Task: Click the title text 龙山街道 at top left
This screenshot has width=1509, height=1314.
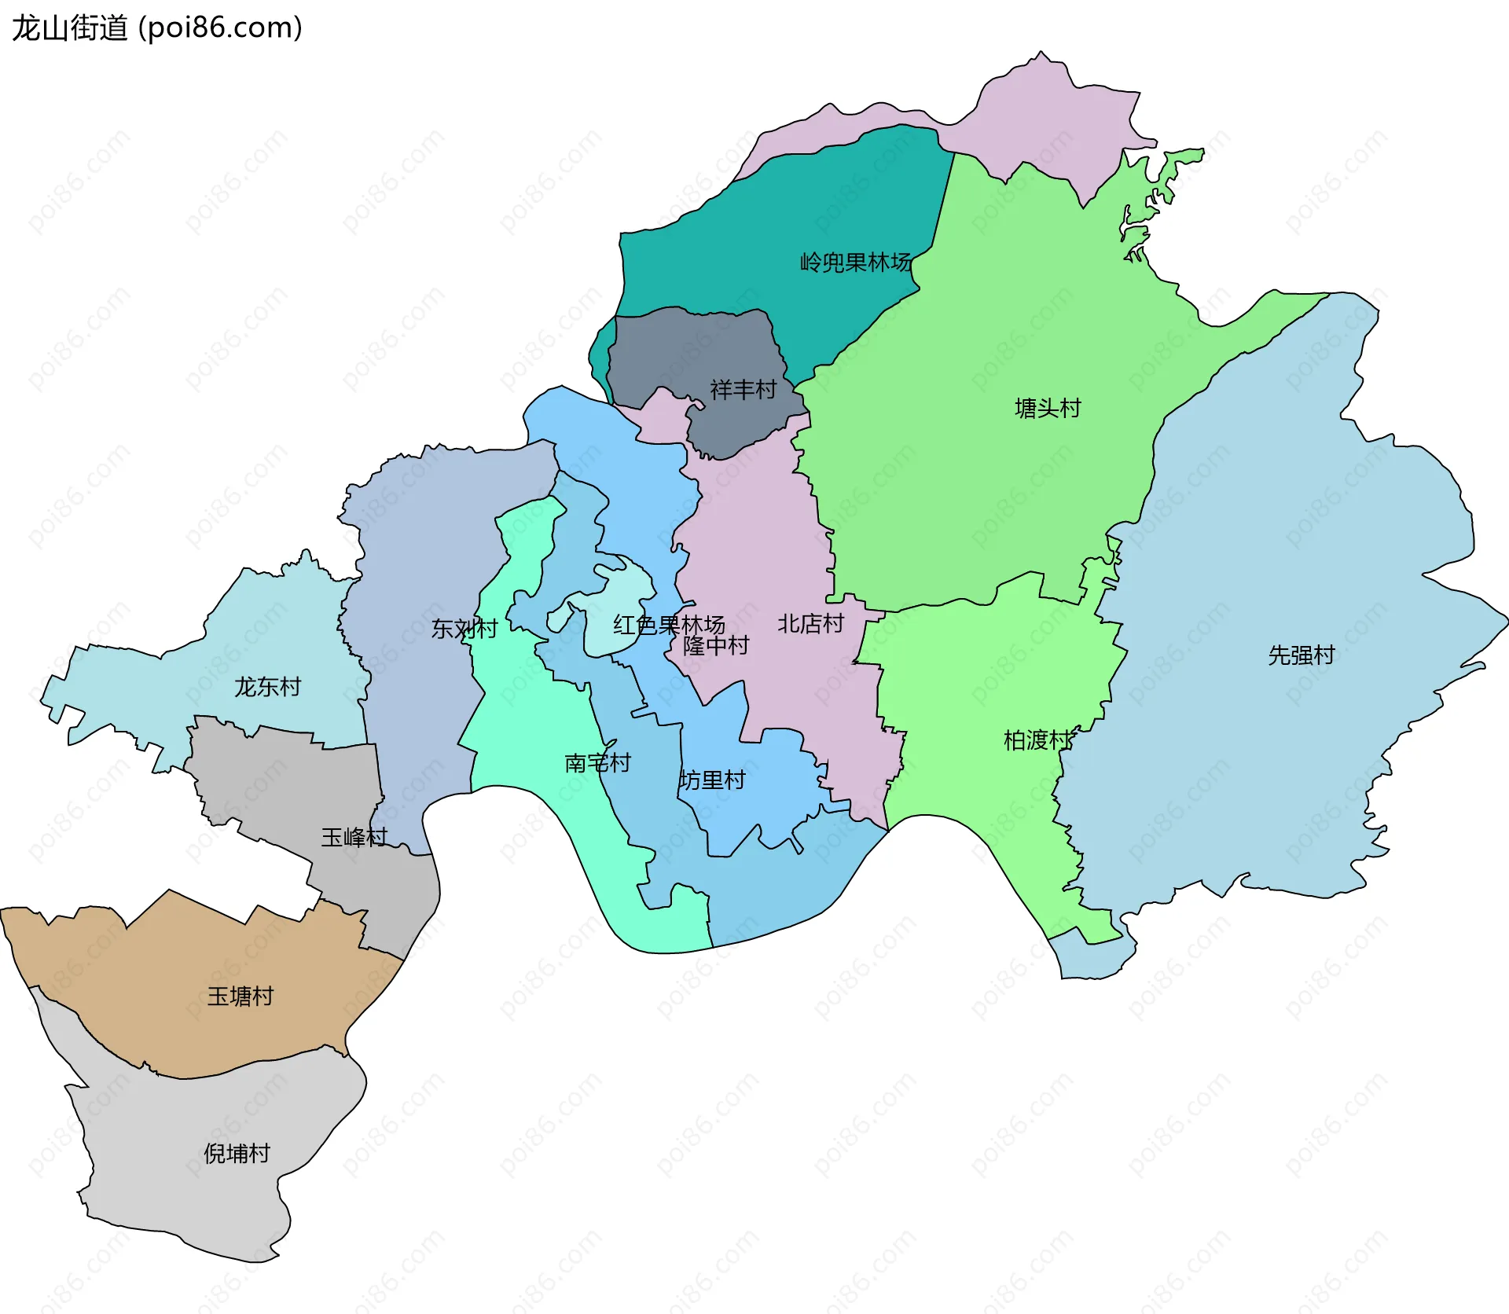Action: click(69, 28)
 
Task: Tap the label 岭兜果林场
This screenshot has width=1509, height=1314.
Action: click(855, 262)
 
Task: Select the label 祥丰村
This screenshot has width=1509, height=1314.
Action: click(743, 389)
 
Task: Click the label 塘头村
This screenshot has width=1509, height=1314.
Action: click(1048, 408)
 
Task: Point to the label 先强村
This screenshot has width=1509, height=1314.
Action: click(1301, 655)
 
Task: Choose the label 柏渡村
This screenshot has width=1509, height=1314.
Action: click(1037, 740)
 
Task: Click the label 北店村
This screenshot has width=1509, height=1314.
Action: click(810, 623)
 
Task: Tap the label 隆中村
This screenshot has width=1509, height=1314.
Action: click(715, 645)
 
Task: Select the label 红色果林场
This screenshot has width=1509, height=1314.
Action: click(668, 625)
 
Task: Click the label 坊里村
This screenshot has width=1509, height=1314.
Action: click(712, 780)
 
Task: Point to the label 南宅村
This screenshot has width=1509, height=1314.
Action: click(597, 762)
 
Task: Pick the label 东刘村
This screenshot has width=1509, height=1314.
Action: click(464, 628)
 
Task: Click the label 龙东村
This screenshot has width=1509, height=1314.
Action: click(267, 686)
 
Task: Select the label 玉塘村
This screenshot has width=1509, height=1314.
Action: click(240, 996)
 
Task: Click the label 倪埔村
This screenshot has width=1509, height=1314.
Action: click(237, 1153)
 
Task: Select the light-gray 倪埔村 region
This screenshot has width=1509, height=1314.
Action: click(196, 1202)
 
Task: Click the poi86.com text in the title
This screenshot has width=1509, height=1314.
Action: click(220, 28)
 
